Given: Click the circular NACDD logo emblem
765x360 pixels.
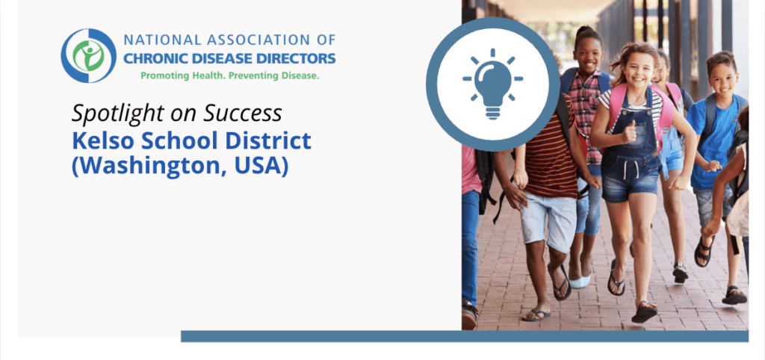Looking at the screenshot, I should pos(89,56).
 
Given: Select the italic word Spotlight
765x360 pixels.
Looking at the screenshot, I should pos(111,113).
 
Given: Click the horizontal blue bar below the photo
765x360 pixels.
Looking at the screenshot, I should pos(464,336).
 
